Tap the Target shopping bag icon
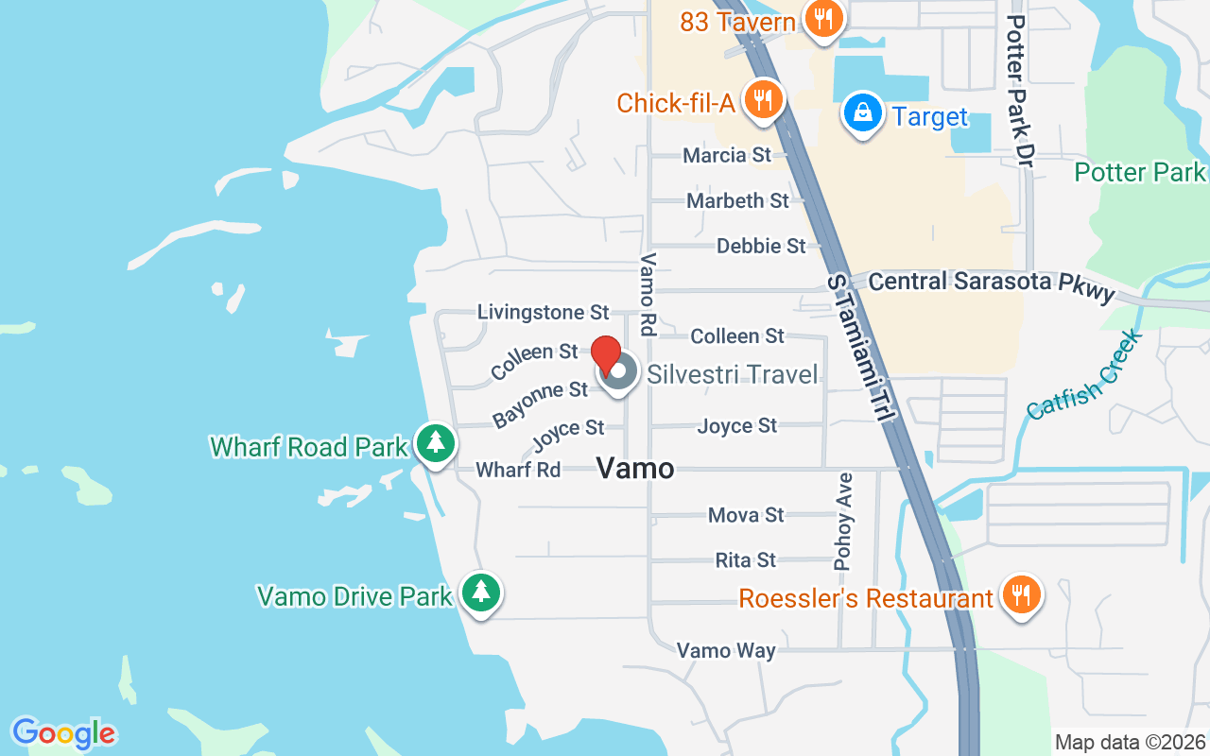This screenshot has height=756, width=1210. (862, 112)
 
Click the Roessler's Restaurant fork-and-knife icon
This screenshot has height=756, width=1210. (1020, 594)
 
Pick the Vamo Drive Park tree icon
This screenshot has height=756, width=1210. (482, 592)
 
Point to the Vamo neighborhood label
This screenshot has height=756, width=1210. (635, 468)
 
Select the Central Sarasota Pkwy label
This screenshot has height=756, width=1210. (992, 284)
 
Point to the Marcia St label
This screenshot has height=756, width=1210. (727, 155)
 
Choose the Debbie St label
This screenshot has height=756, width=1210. (761, 246)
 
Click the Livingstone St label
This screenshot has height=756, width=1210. (543, 312)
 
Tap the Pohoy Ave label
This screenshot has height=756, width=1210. (843, 521)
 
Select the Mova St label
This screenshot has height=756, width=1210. (746, 515)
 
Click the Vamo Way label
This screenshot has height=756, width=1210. (726, 650)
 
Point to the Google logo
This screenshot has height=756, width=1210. (63, 732)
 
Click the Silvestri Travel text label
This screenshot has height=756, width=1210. (732, 374)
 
